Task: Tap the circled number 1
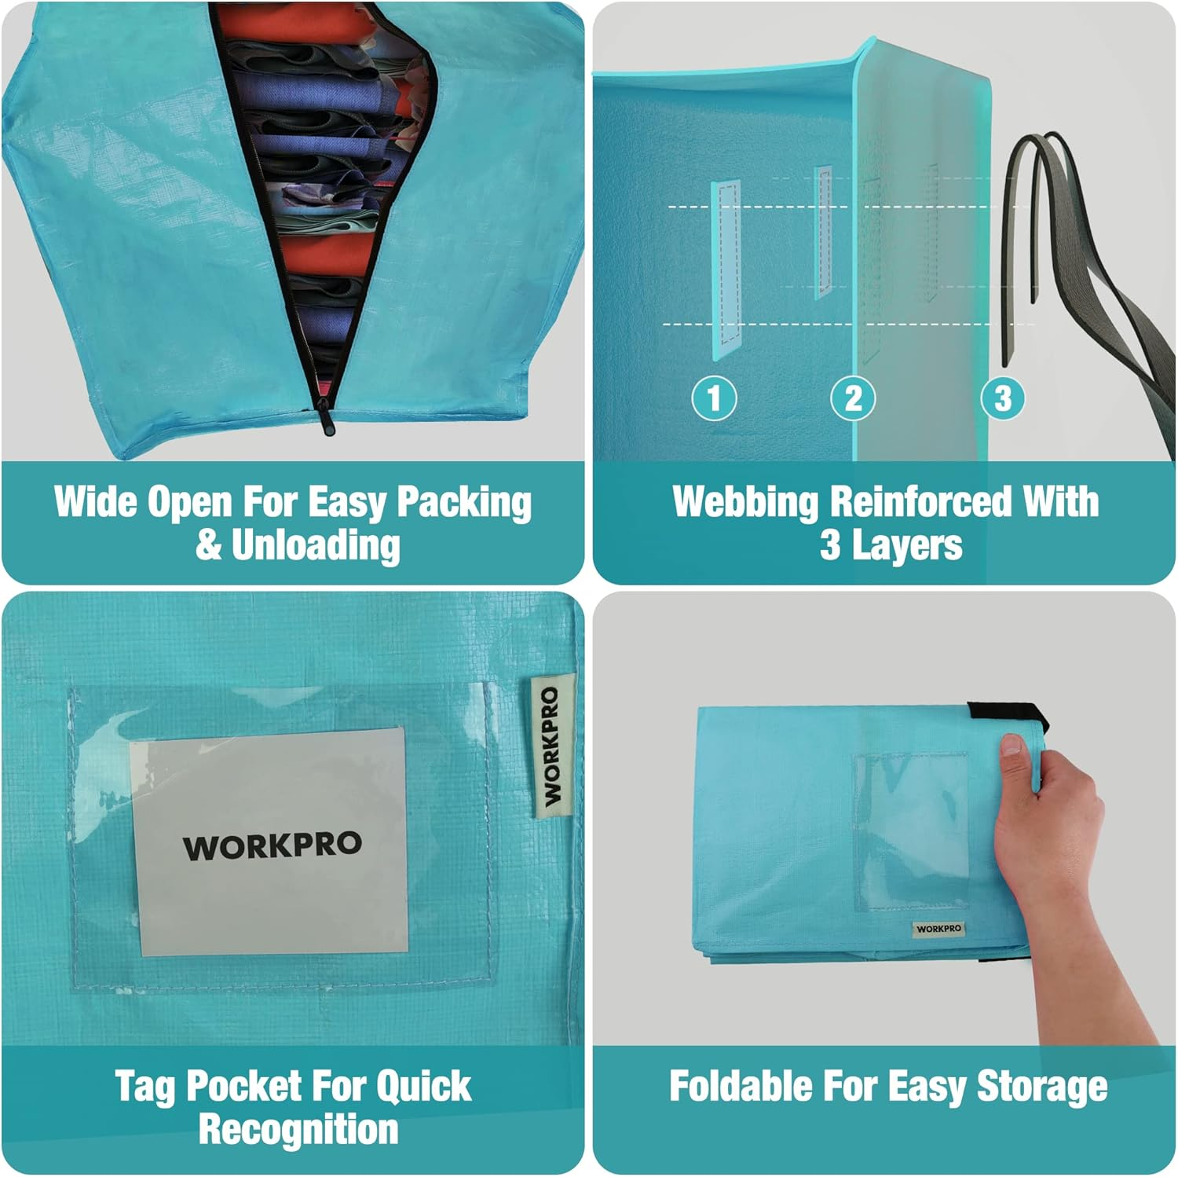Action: (x=714, y=398)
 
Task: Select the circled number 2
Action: (x=853, y=398)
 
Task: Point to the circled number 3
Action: (x=1003, y=398)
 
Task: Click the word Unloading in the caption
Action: (x=316, y=544)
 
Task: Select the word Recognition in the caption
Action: (x=298, y=1129)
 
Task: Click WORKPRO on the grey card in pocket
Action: (x=273, y=846)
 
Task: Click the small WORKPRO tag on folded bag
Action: (x=938, y=928)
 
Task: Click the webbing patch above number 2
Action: (x=823, y=229)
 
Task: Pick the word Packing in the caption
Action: (x=464, y=504)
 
